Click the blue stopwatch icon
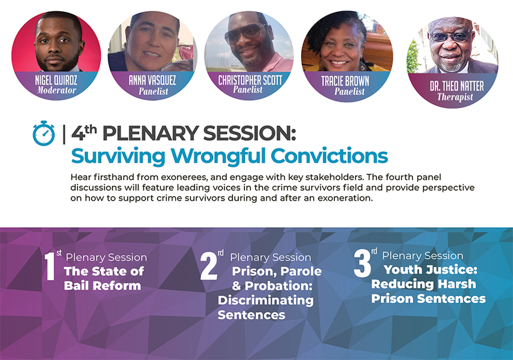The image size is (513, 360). click(44, 133)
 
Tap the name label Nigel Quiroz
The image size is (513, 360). click(56, 80)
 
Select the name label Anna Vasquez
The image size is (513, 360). click(152, 80)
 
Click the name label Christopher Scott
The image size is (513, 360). click(250, 80)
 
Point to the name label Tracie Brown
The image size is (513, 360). click(345, 81)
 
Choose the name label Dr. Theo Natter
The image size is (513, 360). click(456, 86)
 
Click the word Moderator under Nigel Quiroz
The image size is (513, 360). click(57, 91)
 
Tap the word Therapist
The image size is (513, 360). click(455, 97)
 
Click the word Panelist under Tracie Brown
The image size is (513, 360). click(350, 91)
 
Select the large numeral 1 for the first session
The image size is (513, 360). click(50, 266)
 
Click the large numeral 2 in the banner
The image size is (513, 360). click(209, 266)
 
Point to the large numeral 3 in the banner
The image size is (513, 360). click(362, 263)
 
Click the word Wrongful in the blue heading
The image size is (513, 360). click(219, 156)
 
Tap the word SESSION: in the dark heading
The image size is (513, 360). click(249, 134)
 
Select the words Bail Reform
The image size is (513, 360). click(102, 286)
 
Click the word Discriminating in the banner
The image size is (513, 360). click(266, 301)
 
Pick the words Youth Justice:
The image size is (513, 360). click(431, 269)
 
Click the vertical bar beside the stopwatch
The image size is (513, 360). click(64, 134)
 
